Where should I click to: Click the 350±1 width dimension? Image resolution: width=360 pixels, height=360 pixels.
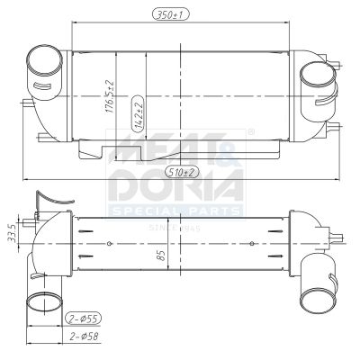[x=180, y=14]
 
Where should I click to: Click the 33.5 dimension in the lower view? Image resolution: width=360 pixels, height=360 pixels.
[x=11, y=231]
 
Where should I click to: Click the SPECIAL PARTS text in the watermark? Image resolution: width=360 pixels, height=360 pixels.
[x=176, y=211]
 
